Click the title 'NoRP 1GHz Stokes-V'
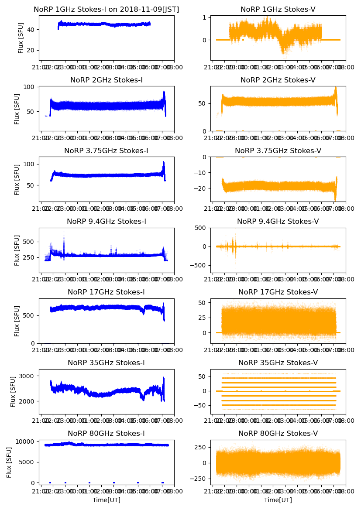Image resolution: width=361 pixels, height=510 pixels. click(x=278, y=10)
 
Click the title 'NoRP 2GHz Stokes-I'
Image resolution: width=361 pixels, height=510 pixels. click(x=107, y=80)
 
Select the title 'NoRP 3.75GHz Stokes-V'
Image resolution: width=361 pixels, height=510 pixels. click(x=278, y=151)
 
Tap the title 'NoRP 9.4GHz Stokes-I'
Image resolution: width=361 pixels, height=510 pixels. click(x=107, y=222)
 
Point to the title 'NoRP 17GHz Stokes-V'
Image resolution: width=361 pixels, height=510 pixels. click(x=278, y=292)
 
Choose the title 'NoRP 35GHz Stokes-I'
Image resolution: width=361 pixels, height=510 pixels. click(x=107, y=363)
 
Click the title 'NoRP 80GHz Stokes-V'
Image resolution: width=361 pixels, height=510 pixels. click(x=278, y=434)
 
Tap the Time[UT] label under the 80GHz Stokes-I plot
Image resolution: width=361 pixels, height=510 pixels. click(x=107, y=500)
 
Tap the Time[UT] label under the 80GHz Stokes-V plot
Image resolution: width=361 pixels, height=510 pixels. click(x=278, y=500)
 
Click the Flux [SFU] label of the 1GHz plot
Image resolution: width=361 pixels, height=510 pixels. click(x=21, y=38)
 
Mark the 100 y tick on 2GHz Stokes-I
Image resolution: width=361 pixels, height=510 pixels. click(x=31, y=87)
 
